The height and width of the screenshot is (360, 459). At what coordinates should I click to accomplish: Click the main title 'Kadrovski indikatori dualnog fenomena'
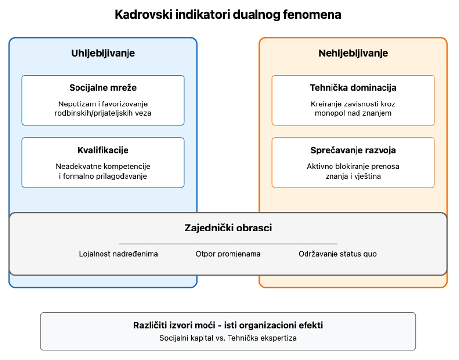pos(228,14)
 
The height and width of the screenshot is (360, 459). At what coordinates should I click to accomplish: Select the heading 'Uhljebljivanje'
pos(103,53)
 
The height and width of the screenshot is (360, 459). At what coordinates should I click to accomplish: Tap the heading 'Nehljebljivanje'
pos(354,53)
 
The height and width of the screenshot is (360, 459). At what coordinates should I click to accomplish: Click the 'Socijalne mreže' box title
pos(103,87)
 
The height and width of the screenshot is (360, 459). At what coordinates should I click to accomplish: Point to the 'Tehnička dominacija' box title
pos(354,87)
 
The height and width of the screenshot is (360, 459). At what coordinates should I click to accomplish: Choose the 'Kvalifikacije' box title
pos(103,150)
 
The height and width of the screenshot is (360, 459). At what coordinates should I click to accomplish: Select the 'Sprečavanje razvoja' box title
pos(354,150)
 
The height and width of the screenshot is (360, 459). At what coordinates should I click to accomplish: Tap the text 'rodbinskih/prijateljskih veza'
pos(103,113)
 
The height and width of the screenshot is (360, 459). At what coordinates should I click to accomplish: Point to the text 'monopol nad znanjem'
pos(354,113)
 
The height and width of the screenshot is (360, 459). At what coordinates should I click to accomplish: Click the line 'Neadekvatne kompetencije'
pos(103,167)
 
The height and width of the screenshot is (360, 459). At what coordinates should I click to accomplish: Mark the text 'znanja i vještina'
pos(354,176)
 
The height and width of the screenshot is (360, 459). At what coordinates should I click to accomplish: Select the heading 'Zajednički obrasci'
pos(228,228)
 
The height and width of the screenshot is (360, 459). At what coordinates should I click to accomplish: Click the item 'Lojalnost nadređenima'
pos(119,254)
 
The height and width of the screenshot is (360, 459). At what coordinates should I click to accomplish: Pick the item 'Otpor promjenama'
pos(228,254)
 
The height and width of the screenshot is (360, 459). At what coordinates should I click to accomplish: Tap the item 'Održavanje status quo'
pos(337,254)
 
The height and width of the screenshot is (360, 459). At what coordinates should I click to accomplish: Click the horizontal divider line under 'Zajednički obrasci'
pos(228,243)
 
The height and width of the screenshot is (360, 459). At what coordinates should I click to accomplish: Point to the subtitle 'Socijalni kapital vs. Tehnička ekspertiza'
pos(228,338)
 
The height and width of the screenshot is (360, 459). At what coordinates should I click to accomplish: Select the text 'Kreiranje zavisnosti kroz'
pos(354,104)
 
